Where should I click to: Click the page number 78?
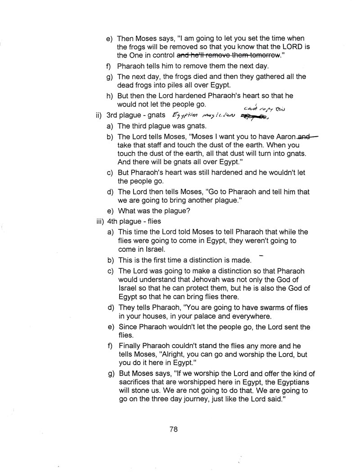click(174, 429)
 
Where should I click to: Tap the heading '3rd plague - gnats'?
click(136, 115)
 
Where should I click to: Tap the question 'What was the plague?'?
click(149, 210)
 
